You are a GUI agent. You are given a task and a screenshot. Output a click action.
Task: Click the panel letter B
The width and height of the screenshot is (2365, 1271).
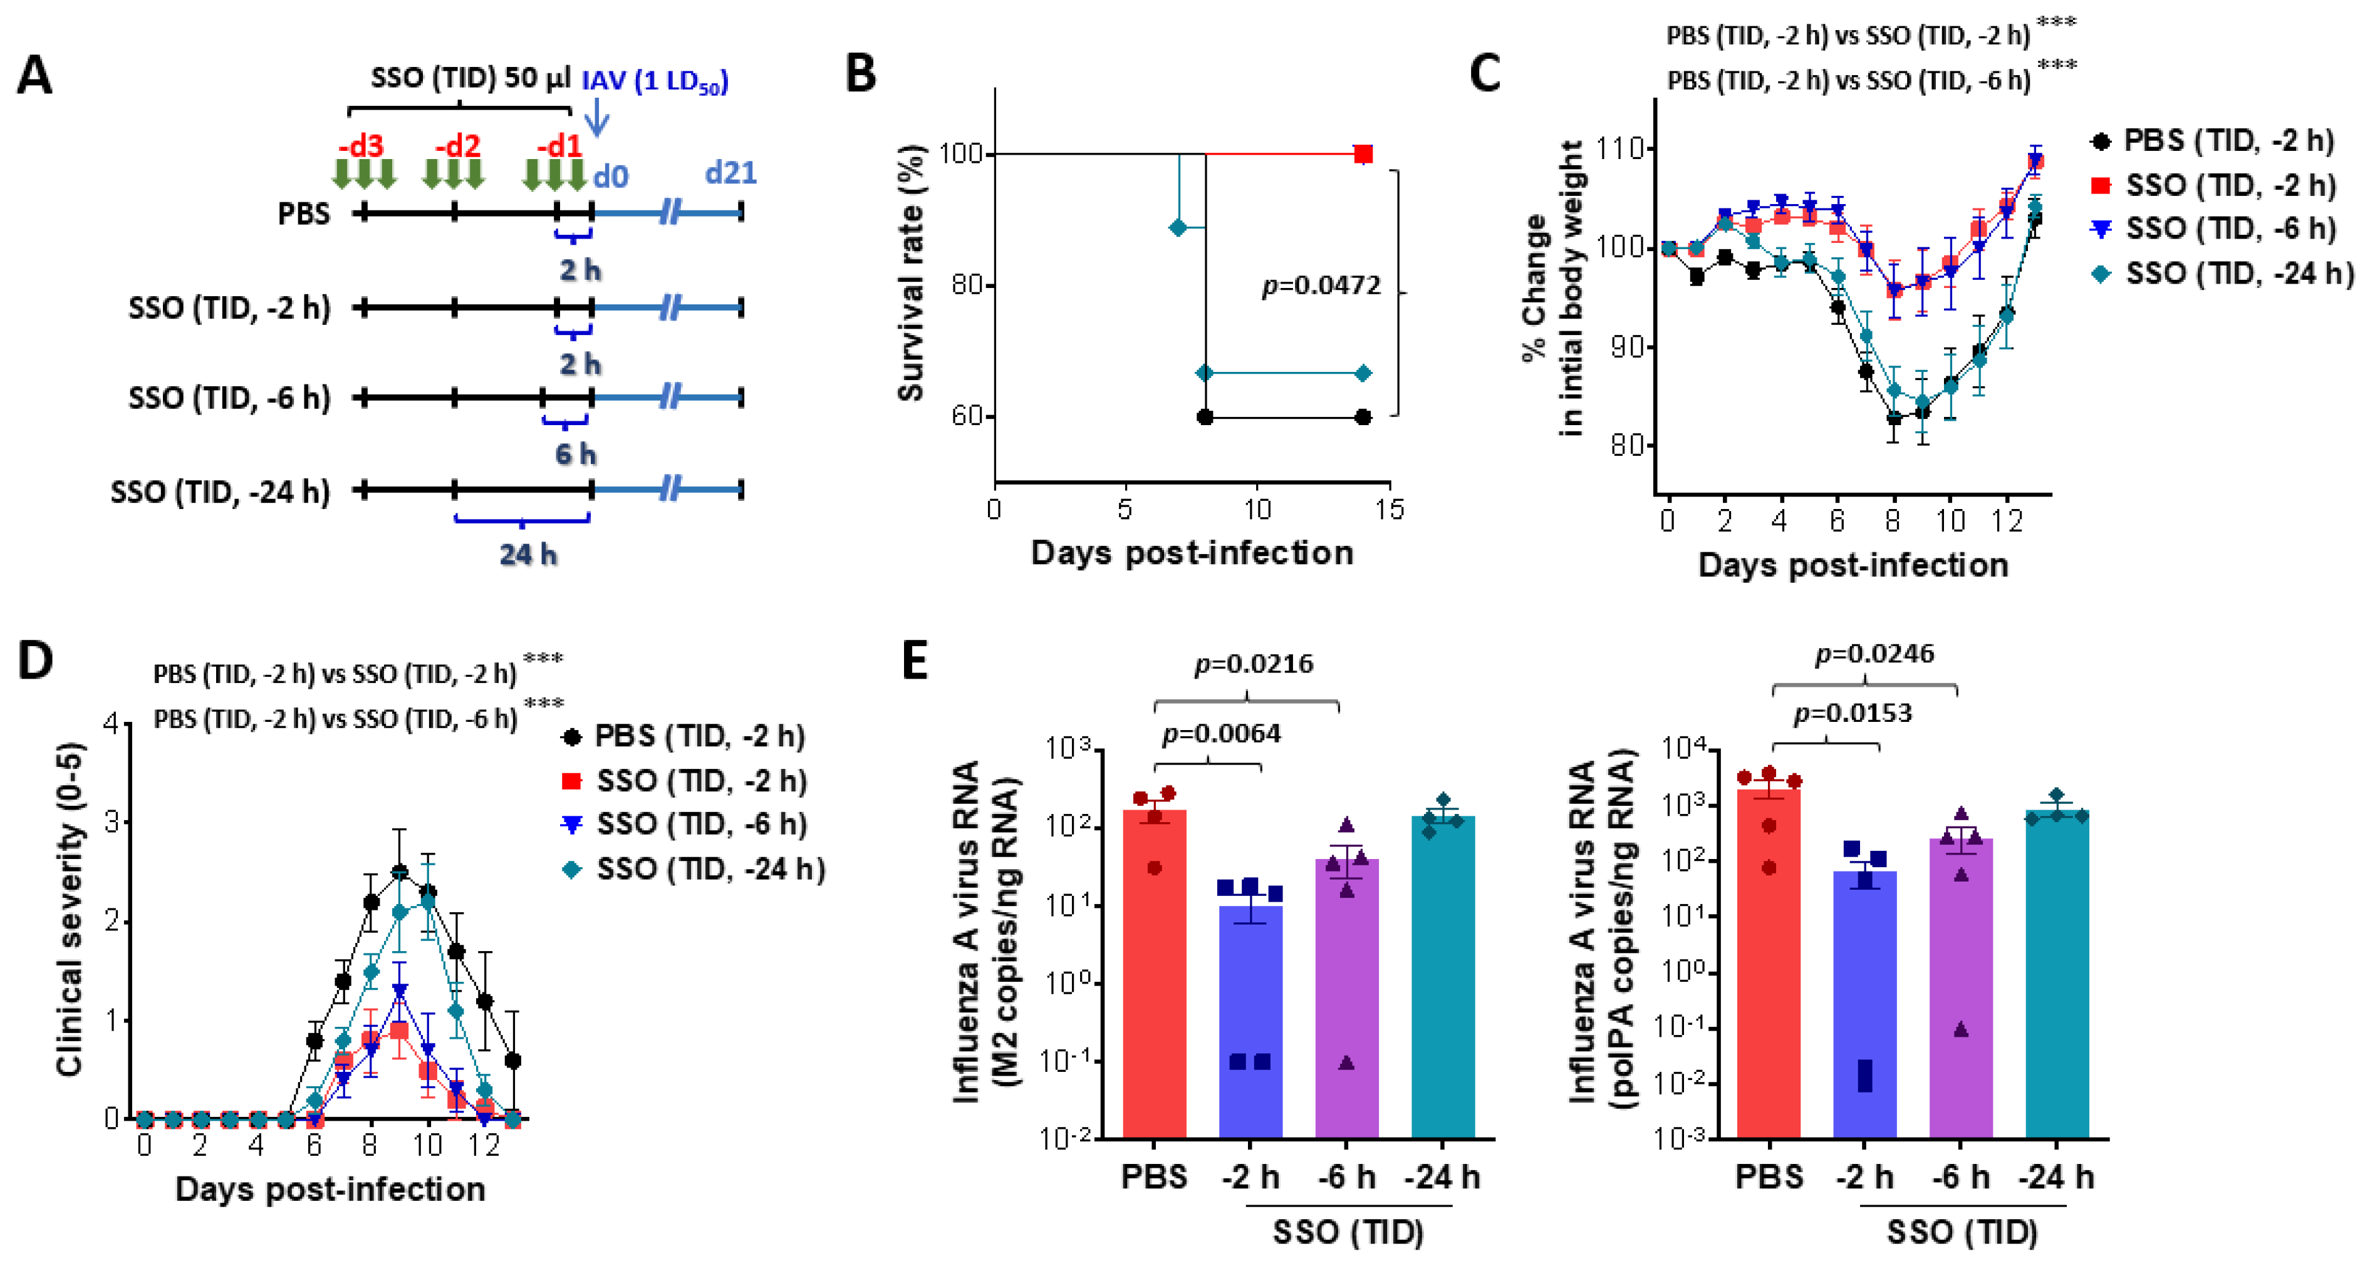tap(860, 73)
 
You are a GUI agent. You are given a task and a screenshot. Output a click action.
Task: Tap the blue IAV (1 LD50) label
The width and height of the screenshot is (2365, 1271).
tap(655, 81)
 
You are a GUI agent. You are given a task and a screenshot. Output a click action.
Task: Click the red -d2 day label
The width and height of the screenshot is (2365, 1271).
tap(457, 146)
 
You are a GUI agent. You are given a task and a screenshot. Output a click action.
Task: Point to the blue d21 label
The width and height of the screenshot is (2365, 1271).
tap(730, 173)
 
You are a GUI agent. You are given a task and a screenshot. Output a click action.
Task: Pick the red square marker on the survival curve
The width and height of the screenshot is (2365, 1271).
tap(1363, 154)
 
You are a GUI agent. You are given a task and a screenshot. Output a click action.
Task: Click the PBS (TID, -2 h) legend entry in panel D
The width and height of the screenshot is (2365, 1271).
tap(684, 736)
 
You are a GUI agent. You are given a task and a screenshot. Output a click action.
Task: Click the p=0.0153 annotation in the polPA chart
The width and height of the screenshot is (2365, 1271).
tap(1852, 713)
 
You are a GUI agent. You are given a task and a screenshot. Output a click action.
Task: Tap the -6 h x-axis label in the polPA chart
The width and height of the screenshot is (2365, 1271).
tap(1960, 1176)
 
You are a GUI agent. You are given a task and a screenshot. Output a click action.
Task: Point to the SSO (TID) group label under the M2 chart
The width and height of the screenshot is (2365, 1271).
tap(1348, 1232)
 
